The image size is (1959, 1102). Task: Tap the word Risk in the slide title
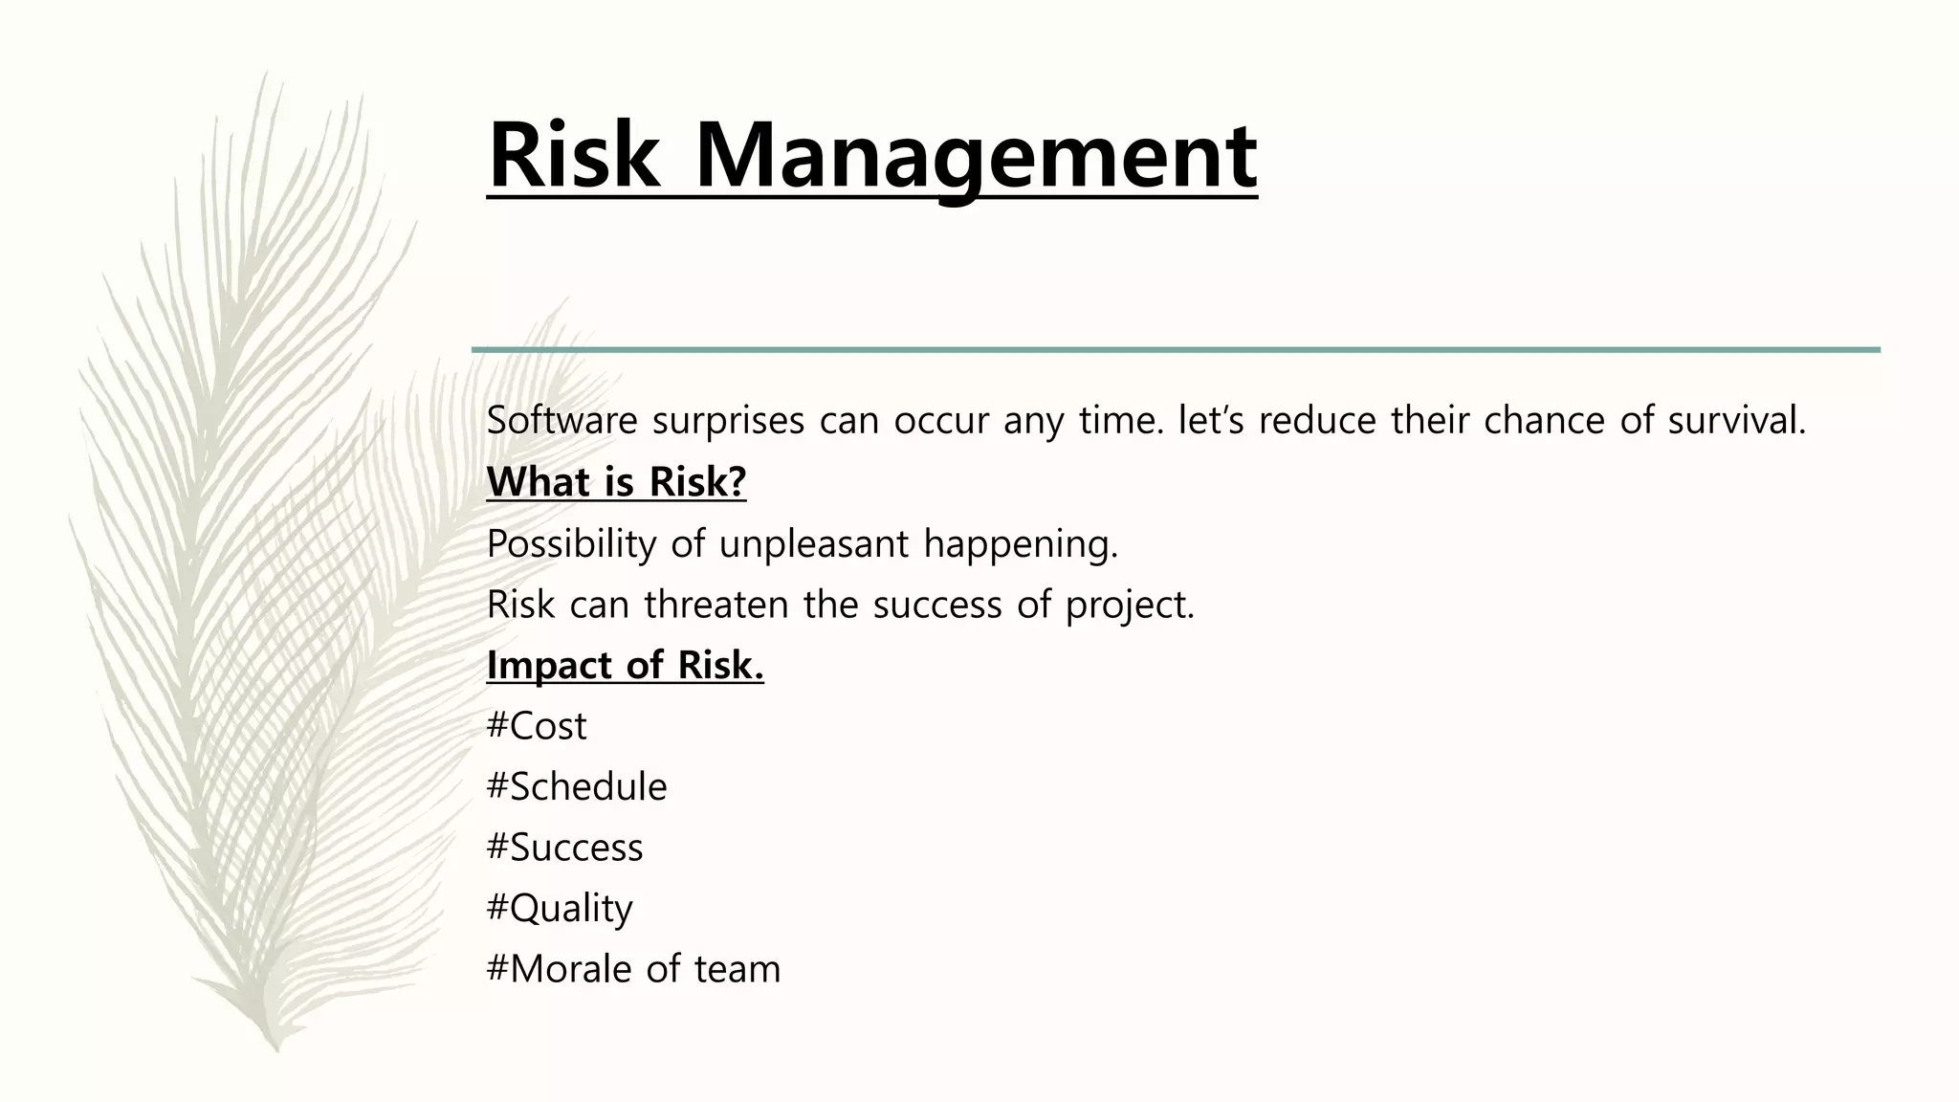pyautogui.click(x=573, y=156)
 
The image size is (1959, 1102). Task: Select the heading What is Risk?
pyautogui.click(x=616, y=482)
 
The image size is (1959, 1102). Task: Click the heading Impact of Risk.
pyautogui.click(x=625, y=666)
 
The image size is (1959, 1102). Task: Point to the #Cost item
pyautogui.click(x=537, y=726)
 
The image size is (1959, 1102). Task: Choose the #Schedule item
pyautogui.click(x=577, y=787)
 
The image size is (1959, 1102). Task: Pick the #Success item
pyautogui.click(x=564, y=848)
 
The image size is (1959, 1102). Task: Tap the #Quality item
pyautogui.click(x=560, y=909)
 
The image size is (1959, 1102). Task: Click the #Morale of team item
pyautogui.click(x=633, y=969)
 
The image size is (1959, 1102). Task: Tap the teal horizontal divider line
pyautogui.click(x=1176, y=350)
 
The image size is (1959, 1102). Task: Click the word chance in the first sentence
pyautogui.click(x=1544, y=421)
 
